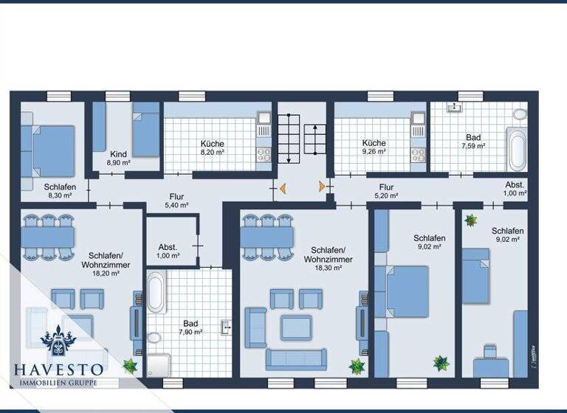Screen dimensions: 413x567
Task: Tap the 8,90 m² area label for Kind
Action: pos(118,162)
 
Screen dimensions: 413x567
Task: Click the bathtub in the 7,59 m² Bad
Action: pos(516,148)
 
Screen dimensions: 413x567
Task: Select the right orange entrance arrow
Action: pos(322,187)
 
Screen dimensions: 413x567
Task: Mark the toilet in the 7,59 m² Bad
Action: pos(520,114)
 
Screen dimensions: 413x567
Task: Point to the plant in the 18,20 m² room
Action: pos(131,365)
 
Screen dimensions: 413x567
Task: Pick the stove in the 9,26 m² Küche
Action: pos(419,155)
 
